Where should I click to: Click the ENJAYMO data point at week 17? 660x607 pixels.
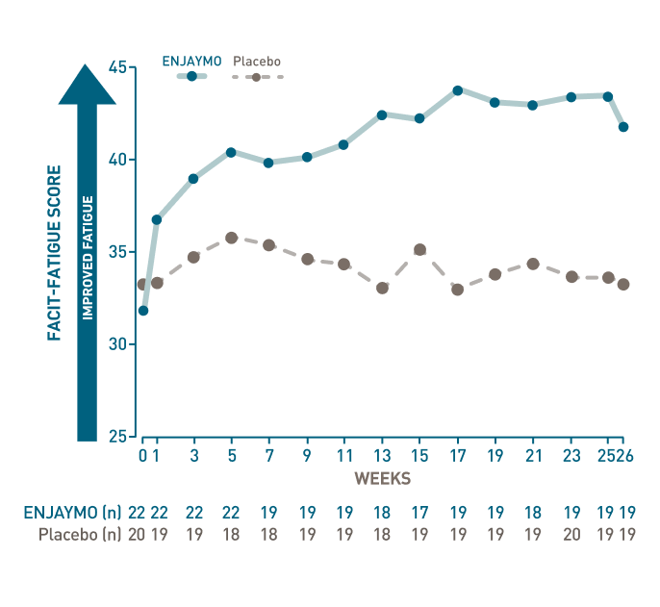458,90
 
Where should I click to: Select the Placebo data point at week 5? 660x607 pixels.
232,238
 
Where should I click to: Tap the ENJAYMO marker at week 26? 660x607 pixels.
623,127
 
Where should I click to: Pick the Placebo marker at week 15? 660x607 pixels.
419,249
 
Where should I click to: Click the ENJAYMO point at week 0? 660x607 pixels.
143,311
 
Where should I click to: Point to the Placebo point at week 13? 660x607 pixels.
382,288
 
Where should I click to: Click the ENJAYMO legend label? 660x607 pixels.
191,61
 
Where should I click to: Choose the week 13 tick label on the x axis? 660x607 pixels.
382,454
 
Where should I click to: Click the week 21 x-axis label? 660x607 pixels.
533,454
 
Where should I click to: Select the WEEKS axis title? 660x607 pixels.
383,478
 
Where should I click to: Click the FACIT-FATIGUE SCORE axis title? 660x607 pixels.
55,253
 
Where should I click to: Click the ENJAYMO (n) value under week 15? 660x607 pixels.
419,513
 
